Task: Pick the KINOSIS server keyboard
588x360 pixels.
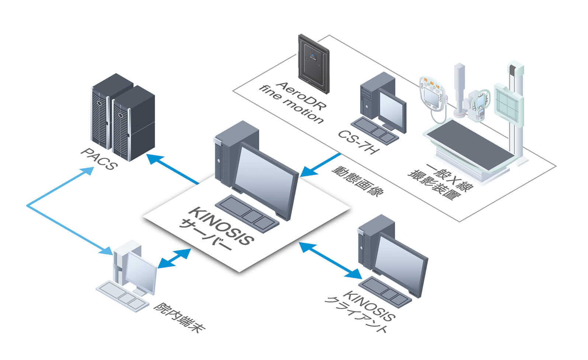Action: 247,212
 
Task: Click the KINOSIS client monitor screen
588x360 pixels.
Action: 400,258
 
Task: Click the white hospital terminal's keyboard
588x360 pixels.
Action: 122,295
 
